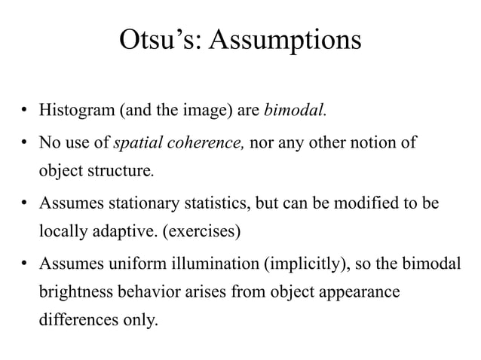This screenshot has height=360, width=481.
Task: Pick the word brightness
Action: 75,293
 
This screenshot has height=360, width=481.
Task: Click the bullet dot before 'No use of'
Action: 25,143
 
